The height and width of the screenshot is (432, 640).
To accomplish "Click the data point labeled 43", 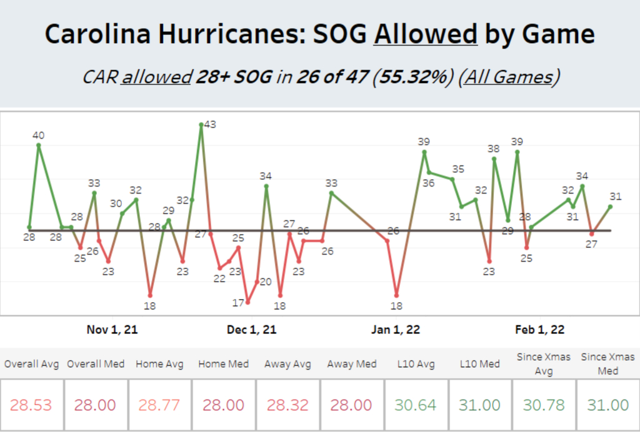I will click(201, 124).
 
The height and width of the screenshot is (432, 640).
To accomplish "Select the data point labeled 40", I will click(39, 145).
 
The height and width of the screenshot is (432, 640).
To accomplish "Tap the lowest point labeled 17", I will click(248, 302).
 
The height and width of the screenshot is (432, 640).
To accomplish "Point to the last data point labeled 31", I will click(610, 206).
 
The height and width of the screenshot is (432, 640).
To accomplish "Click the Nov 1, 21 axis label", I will click(112, 330).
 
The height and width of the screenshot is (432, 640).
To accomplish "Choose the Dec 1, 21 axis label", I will click(251, 330).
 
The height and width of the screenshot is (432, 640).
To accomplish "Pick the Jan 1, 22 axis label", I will click(396, 330).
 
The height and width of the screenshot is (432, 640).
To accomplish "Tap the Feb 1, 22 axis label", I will click(540, 330).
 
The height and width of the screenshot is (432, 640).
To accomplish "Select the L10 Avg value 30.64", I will click(415, 405).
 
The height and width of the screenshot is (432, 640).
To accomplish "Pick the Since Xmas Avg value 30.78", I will click(542, 405).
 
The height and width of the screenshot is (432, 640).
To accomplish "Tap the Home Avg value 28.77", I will click(160, 405).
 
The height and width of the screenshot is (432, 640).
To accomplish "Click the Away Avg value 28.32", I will click(287, 405).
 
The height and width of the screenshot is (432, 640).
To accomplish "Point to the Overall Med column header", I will click(96, 364).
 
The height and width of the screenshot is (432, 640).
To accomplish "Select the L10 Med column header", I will click(479, 364).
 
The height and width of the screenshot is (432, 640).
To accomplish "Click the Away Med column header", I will click(351, 364).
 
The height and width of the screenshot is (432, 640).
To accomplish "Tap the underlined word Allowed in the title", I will click(425, 34).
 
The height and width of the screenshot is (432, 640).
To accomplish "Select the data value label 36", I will click(429, 184).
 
